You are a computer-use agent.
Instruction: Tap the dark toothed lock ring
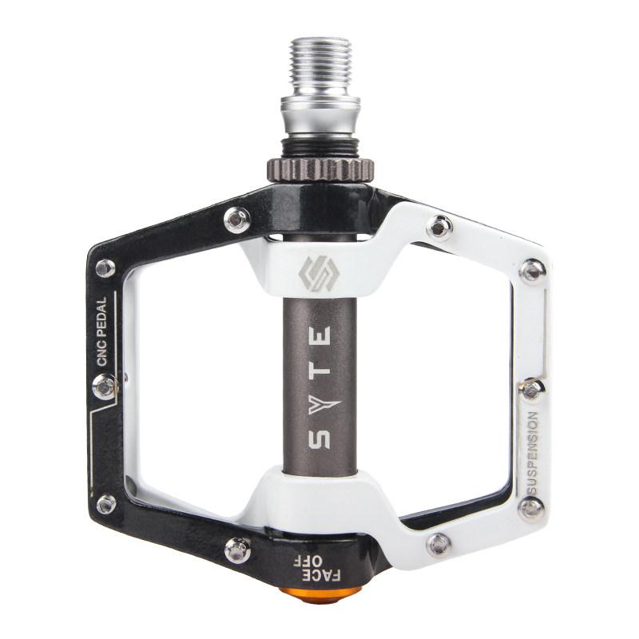pos(321,169)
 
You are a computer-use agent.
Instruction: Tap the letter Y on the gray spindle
pos(323,405)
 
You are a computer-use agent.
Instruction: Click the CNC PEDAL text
pos(101,331)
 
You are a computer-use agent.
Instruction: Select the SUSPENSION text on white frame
pos(532,452)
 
